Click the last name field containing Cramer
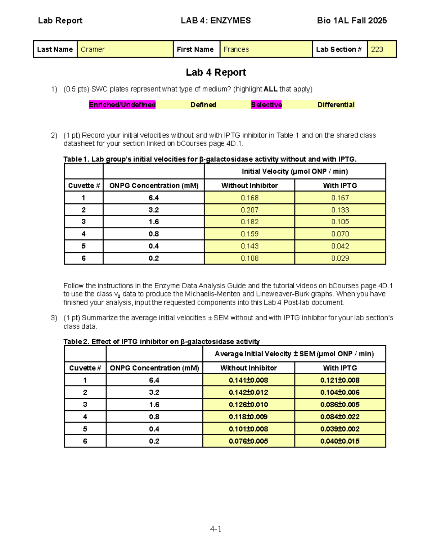pyautogui.click(x=125, y=49)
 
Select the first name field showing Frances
pyautogui.click(x=266, y=49)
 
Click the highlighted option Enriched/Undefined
pyautogui.click(x=122, y=105)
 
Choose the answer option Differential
pyautogui.click(x=336, y=105)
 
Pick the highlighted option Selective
pyautogui.click(x=266, y=105)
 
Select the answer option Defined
pyautogui.click(x=203, y=105)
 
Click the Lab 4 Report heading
pyautogui.click(x=216, y=72)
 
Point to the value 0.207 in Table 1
pyautogui.click(x=249, y=210)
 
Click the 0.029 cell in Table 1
pyautogui.click(x=340, y=258)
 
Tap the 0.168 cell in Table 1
pyautogui.click(x=249, y=198)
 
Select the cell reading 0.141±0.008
pyautogui.click(x=248, y=380)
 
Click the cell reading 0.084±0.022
pyautogui.click(x=340, y=417)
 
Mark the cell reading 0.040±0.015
pyautogui.click(x=340, y=441)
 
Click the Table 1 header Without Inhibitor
pyautogui.click(x=249, y=185)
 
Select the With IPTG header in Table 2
pyautogui.click(x=340, y=368)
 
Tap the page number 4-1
pyautogui.click(x=216, y=529)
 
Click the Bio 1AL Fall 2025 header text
pyautogui.click(x=352, y=21)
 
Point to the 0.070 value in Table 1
pyautogui.click(x=340, y=234)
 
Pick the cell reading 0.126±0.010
pyautogui.click(x=248, y=405)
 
